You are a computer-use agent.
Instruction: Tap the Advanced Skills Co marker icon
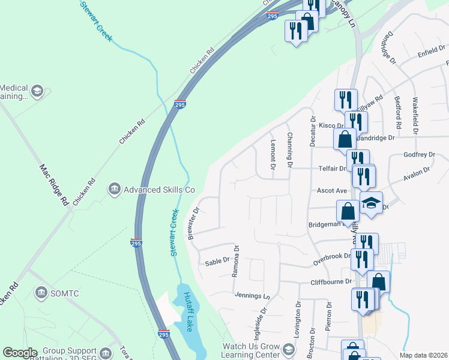coord(114,190)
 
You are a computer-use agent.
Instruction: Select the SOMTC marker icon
coord(41,293)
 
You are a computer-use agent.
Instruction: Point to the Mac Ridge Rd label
coord(55,186)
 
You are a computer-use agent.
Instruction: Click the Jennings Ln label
coord(253,296)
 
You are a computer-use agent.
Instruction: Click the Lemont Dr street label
coord(273,155)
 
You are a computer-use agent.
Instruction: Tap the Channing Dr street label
coord(289,150)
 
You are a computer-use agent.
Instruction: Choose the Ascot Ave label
coord(333,191)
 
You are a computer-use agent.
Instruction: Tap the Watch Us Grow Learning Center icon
coord(288,349)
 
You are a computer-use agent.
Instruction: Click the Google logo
coord(20,353)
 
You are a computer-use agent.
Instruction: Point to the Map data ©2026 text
coord(423,355)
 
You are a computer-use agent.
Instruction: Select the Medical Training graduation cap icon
coord(37,91)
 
